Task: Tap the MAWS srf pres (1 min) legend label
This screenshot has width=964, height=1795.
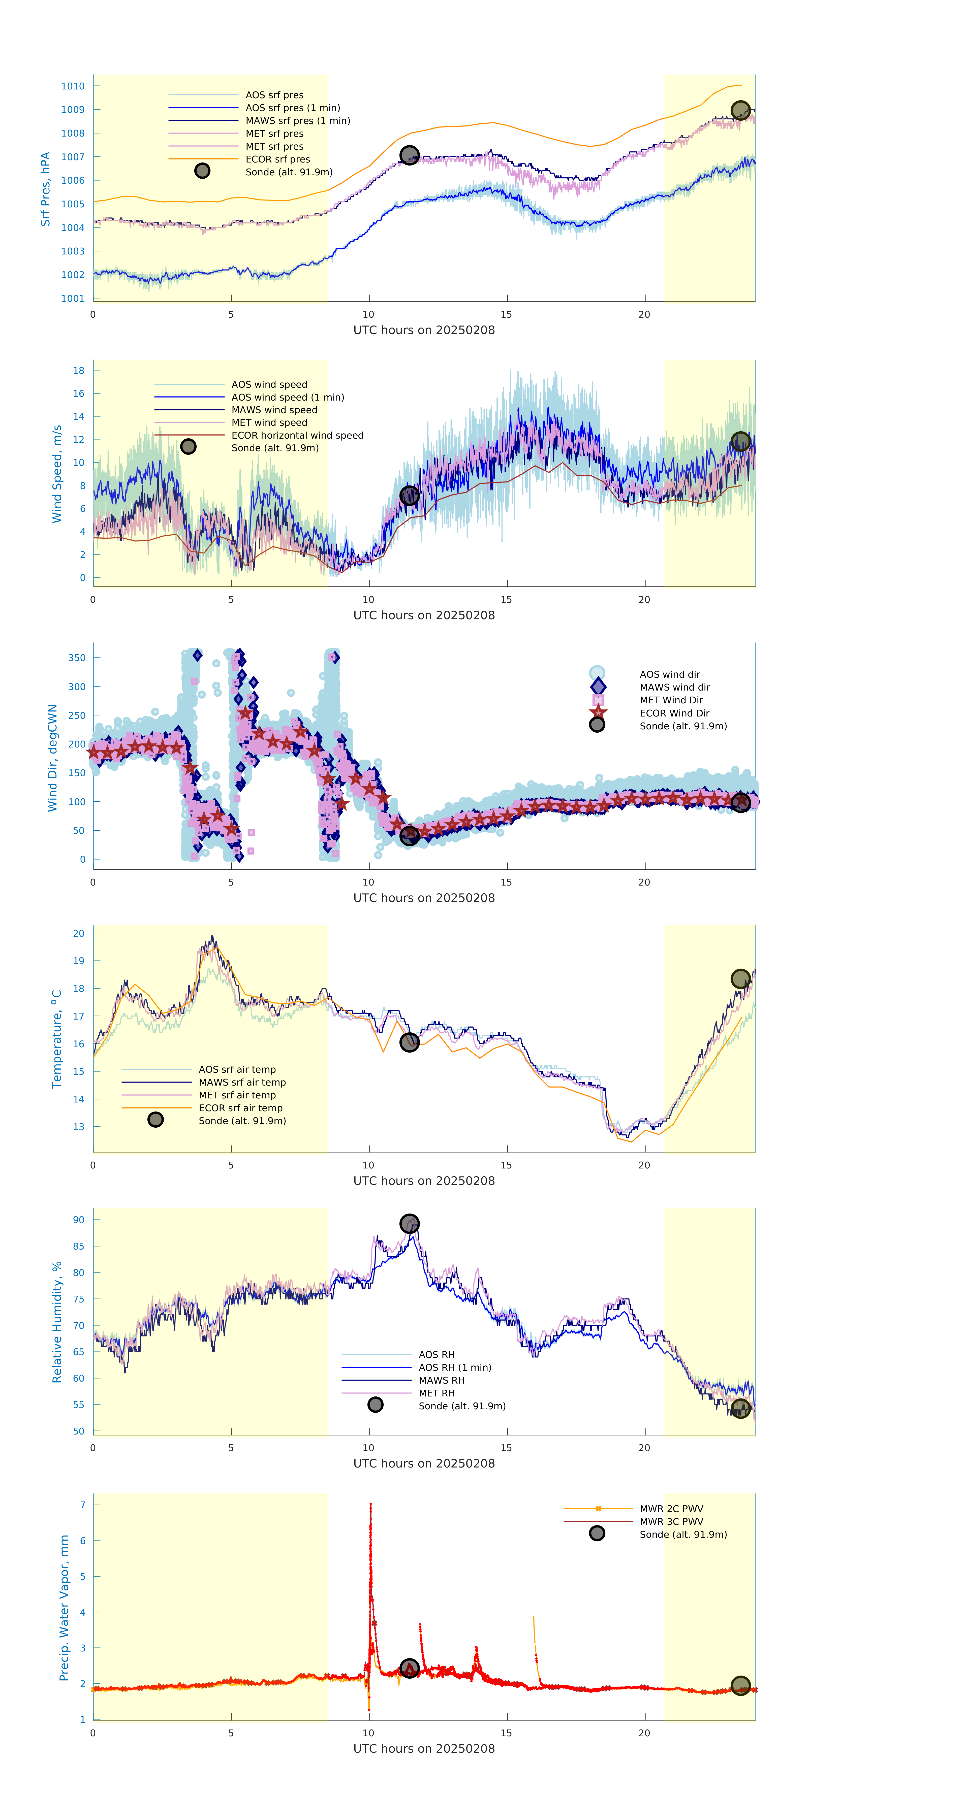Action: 298,121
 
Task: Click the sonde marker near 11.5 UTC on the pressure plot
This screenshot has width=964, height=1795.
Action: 409,155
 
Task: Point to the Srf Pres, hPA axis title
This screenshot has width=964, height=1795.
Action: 45,189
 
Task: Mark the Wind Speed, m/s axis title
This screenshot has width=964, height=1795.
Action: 57,474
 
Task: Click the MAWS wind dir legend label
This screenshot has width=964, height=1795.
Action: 674,687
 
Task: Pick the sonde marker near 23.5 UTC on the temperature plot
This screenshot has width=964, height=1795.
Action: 740,979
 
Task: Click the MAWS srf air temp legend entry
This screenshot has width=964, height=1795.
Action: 242,1082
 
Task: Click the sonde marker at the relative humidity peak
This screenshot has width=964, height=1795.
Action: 409,1224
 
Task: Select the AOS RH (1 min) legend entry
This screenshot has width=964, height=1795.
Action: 454,1367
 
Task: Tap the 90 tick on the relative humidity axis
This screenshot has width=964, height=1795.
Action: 79,1219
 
